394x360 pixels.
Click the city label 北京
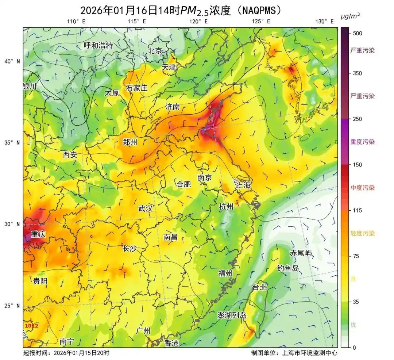pos(155,51)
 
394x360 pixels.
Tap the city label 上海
pos(244,185)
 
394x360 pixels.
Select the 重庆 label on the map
pos(38,234)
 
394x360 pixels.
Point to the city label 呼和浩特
pos(98,46)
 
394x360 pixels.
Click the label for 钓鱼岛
pos(288,268)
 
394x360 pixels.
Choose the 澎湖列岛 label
pos(232,315)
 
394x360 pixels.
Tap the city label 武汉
pos(145,209)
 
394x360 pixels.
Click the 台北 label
pos(259,287)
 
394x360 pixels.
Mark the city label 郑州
pos(130,142)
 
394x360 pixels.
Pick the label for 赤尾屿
pos(301,253)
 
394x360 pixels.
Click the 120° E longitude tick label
pos(198,22)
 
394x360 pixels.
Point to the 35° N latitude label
pos(12,142)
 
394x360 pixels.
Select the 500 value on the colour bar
pos(358,33)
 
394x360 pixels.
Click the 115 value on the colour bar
pos(358,210)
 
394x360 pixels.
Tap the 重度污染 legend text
pos(362,142)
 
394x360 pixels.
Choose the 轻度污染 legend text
pos(362,233)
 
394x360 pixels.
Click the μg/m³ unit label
pos(350,15)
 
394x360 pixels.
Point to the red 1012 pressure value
pos(31,325)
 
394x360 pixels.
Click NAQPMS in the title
pos(259,10)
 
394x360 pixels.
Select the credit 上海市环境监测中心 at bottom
pos(310,353)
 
